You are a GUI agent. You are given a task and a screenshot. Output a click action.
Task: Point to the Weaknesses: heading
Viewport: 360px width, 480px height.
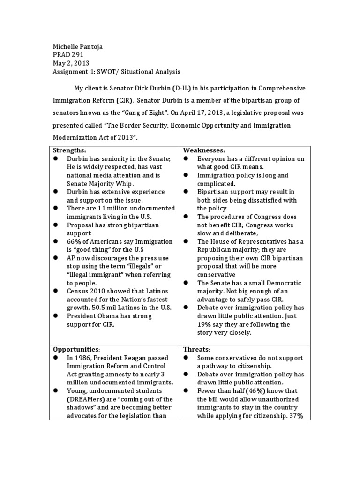[204, 150]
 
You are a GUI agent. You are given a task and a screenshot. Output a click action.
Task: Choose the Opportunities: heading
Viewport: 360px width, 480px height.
[76, 349]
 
